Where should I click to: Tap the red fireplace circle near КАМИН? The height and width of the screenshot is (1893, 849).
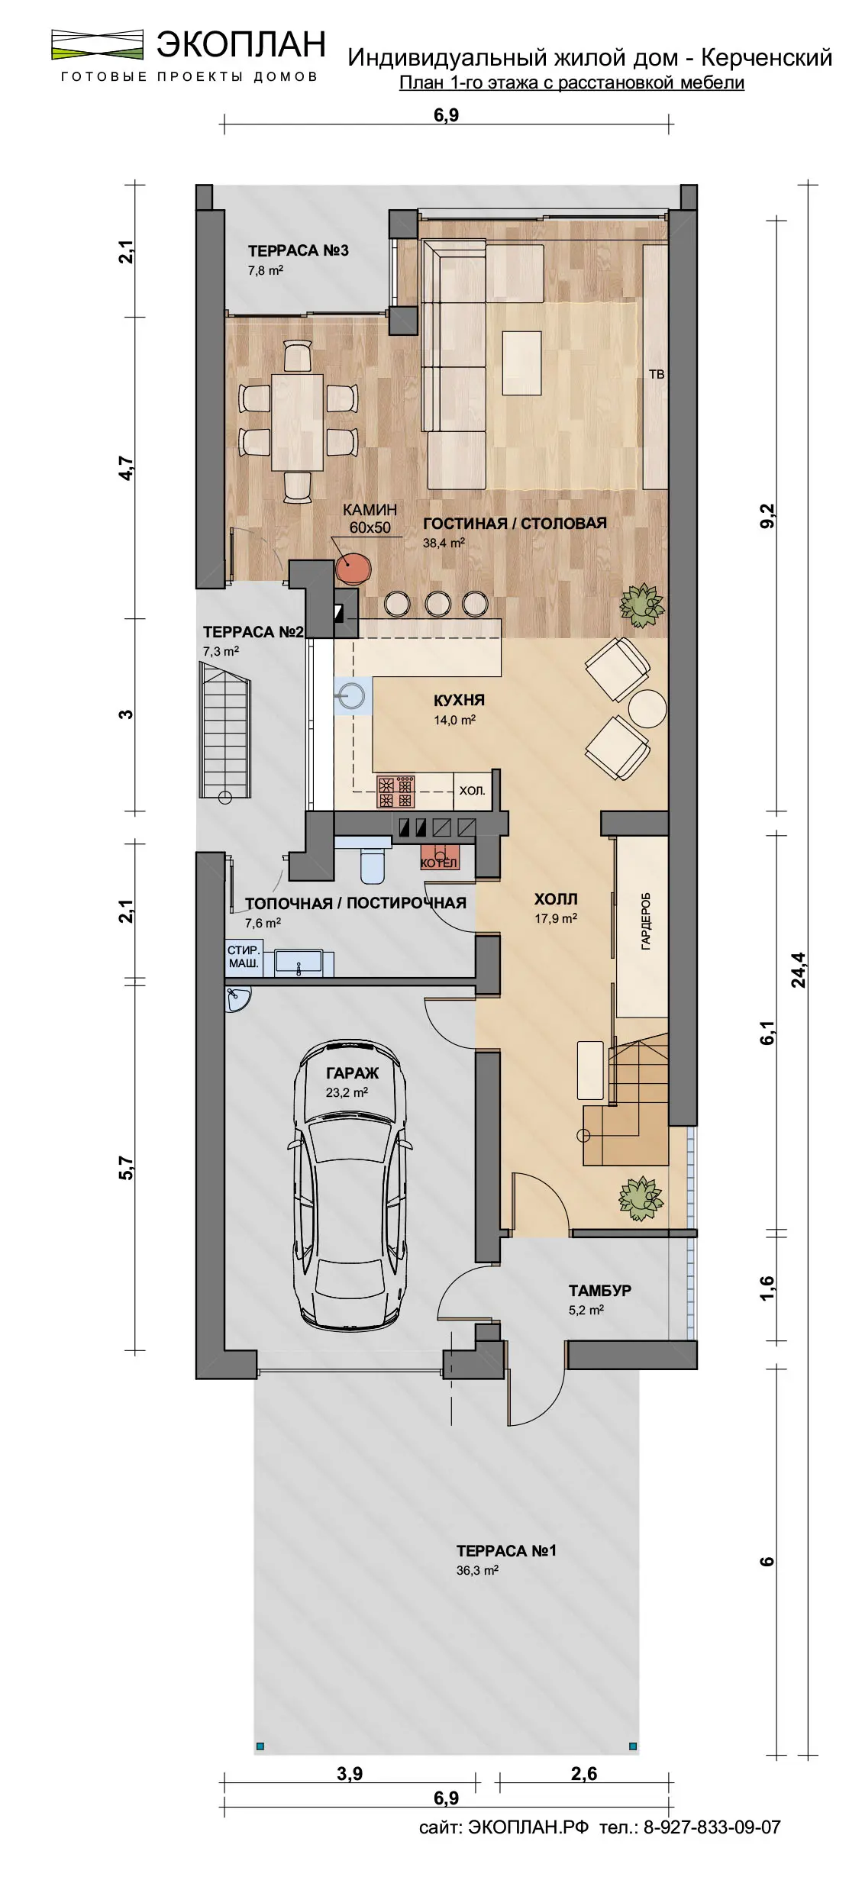tap(353, 568)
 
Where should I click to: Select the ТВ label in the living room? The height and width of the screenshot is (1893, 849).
tap(657, 374)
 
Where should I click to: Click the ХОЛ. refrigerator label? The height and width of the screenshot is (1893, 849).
tap(473, 791)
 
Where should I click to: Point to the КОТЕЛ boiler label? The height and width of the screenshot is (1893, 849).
tap(439, 863)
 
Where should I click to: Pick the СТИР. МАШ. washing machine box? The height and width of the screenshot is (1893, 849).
tap(244, 956)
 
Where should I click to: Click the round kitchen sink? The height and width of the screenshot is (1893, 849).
tap(352, 695)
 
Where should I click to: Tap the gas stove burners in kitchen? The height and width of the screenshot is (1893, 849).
tap(395, 792)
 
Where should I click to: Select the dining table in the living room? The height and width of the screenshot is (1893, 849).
tap(298, 421)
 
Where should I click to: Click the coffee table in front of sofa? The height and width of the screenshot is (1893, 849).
tap(522, 363)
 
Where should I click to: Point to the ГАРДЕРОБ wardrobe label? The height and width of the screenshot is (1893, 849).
tap(646, 921)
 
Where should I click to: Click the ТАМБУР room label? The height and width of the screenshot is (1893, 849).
tap(600, 1290)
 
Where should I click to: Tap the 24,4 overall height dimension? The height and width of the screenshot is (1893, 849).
tap(799, 970)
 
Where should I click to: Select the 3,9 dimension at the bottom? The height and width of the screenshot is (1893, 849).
tap(350, 1773)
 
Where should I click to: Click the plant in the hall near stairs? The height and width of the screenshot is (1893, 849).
tap(641, 1198)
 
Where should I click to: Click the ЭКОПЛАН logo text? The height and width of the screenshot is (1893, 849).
tap(241, 44)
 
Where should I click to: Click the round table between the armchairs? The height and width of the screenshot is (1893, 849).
tap(647, 708)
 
